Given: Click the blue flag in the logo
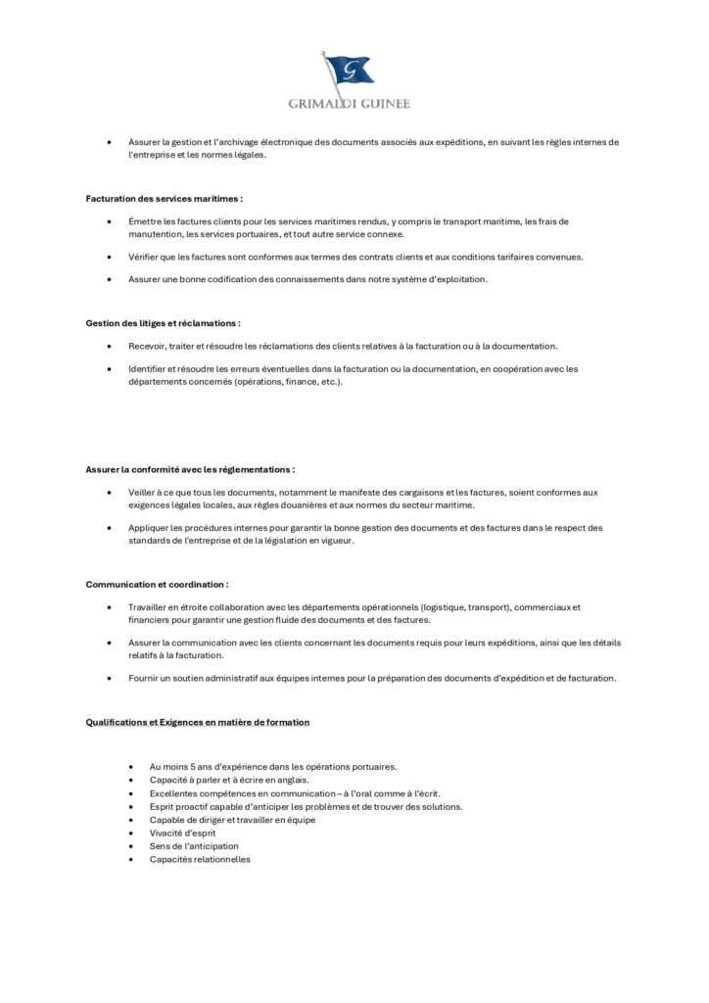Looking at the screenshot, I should click(352, 70).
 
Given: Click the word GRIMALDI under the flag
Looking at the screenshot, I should click(323, 103).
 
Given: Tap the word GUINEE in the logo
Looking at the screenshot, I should click(384, 103).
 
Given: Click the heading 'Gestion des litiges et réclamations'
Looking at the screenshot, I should click(163, 322).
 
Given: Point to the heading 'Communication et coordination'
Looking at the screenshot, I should click(157, 584).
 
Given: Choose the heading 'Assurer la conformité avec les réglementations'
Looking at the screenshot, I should click(190, 469).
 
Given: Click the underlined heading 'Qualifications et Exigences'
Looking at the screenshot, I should click(198, 722).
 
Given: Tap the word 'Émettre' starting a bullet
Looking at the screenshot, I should click(145, 221).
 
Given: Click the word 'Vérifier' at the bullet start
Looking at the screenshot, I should click(144, 257).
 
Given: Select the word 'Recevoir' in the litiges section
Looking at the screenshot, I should click(147, 346).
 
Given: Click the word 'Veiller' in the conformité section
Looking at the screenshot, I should click(142, 492).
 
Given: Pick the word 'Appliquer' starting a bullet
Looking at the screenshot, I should click(148, 527).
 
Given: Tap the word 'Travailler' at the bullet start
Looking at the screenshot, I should click(149, 607).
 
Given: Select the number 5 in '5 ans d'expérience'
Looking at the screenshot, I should click(192, 766).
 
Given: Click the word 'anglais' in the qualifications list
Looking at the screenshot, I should click(291, 780).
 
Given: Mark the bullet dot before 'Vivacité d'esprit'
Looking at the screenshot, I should click(130, 833).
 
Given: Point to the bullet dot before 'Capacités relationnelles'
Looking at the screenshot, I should click(130, 860).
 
